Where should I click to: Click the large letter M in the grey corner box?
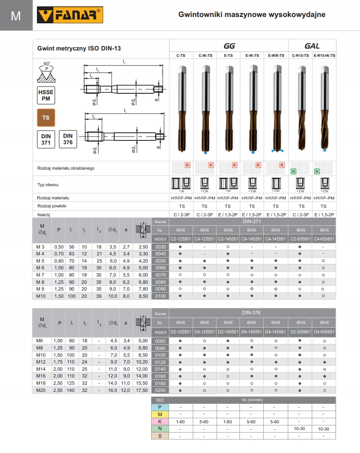click(16, 16)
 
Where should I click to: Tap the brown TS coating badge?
click(46, 117)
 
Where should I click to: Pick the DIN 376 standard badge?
click(68, 139)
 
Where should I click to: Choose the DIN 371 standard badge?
click(46, 139)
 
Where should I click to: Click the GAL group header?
click(312, 46)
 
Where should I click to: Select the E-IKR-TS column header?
click(276, 56)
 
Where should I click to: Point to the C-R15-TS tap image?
click(301, 108)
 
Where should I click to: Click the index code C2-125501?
click(181, 239)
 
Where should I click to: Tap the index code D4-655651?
click(324, 332)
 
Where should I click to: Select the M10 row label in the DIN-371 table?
click(41, 296)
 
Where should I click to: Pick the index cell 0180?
click(160, 383)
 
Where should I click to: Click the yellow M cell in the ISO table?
click(160, 414)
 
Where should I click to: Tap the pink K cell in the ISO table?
click(160, 422)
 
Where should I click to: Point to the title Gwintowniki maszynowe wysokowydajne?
click(252, 15)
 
